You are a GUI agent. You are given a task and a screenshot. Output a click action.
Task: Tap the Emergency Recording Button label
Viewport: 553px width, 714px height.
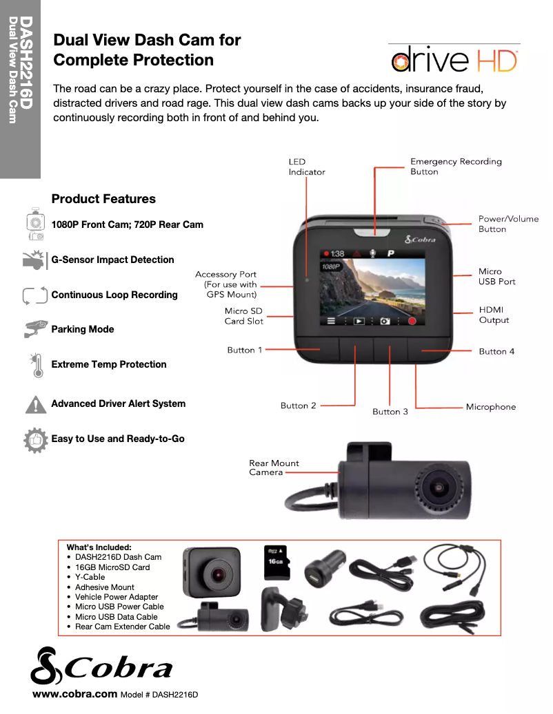pos(456,167)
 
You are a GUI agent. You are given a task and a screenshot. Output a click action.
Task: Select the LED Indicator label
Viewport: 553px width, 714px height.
pos(306,167)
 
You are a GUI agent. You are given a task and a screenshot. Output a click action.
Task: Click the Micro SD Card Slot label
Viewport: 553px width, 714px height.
pos(243,316)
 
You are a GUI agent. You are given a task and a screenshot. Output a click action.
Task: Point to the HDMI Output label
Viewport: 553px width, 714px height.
pos(494,315)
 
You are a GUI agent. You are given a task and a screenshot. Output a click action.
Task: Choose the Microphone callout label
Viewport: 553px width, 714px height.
pos(490,407)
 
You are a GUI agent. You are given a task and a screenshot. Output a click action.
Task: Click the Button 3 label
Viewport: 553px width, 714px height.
pos(390,412)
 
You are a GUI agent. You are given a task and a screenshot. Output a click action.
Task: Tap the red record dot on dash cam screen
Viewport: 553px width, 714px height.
pos(412,321)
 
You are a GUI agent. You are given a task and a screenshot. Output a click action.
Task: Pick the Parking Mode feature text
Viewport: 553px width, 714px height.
pos(83,329)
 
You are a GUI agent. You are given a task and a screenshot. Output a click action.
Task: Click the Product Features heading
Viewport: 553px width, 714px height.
pos(103,199)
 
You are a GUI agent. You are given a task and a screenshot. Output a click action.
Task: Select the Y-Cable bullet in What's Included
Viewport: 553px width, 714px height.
pos(90,577)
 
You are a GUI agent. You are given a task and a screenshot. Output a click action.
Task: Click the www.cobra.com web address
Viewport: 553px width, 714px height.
pos(75,694)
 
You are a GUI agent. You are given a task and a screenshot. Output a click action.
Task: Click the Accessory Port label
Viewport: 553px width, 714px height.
pos(225,284)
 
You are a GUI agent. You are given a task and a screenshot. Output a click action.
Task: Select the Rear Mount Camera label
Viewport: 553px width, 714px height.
pos(274,468)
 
